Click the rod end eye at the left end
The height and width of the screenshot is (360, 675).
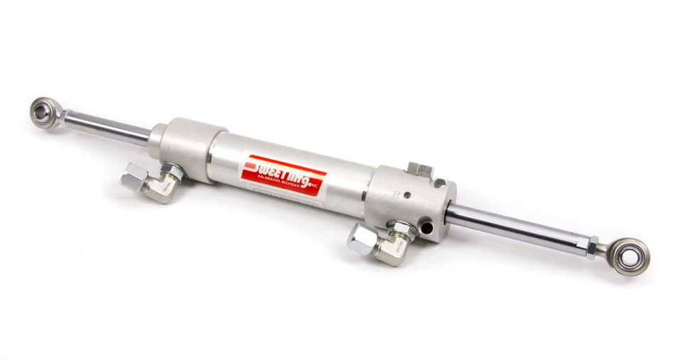click(45, 112)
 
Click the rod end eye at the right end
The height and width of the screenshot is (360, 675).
click(632, 256)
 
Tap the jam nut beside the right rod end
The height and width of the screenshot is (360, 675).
click(592, 246)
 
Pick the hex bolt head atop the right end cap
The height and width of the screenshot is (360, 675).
click(420, 170)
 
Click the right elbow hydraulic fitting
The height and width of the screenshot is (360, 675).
click(379, 243)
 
